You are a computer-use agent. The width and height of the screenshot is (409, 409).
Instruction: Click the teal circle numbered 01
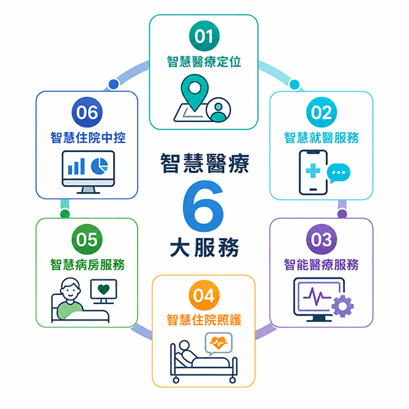pos(204,36)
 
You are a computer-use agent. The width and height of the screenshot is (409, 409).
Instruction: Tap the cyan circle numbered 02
pos(321,112)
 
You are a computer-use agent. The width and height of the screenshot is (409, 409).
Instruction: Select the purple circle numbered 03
pos(321,239)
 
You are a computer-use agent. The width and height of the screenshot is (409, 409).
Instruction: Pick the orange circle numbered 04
pos(204,295)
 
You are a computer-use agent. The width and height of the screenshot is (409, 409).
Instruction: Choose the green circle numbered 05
pos(87,239)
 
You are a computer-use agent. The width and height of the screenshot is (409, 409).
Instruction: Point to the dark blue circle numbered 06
pos(87,112)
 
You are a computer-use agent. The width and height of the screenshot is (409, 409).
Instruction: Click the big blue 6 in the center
pos(203,206)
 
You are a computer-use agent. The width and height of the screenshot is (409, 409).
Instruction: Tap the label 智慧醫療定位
pos(204,62)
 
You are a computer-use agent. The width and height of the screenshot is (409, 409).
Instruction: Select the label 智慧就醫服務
pos(321,138)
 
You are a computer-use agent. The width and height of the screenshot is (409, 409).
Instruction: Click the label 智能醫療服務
pos(321,264)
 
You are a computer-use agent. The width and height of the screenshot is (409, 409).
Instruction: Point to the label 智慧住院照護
pos(204,320)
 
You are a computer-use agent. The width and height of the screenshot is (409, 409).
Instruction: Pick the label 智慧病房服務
pos(87,264)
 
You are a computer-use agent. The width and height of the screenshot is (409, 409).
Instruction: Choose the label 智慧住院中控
pos(88,138)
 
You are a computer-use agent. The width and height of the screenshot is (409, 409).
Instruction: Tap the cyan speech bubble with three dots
pos(339,173)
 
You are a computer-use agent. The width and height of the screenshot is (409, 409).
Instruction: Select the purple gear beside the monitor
pos(342,306)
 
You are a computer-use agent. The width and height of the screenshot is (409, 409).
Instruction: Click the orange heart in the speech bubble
pos(219,342)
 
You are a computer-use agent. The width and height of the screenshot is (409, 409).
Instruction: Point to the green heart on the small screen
pos(104,289)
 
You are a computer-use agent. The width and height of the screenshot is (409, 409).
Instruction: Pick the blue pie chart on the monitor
pos(100,166)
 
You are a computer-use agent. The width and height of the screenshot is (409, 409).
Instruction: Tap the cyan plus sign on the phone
pos(313,170)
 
